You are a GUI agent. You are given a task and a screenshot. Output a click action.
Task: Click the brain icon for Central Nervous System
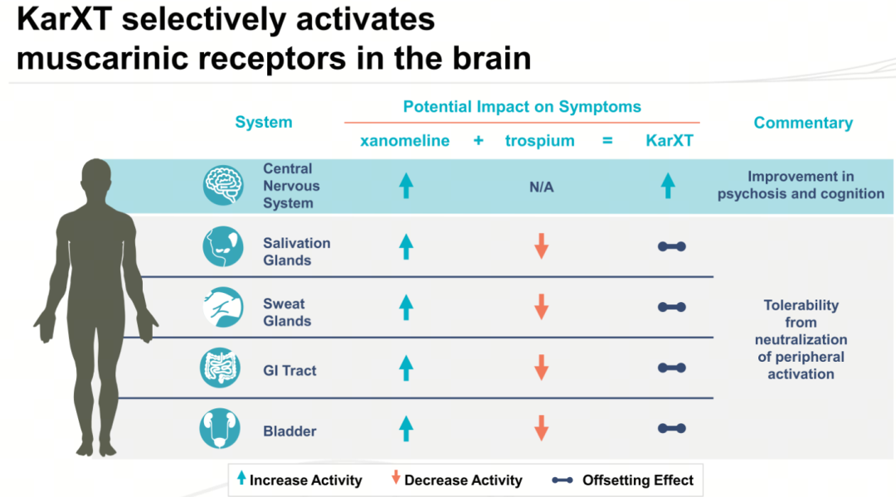tap(223, 186)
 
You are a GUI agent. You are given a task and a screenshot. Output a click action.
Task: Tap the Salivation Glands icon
tap(223, 246)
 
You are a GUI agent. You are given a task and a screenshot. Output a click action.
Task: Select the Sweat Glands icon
tap(223, 307)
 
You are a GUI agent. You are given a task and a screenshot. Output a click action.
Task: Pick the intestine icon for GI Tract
tap(220, 368)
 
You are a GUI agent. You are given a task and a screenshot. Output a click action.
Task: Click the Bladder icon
tap(220, 428)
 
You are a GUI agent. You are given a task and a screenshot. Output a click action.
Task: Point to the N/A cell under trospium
tap(541, 187)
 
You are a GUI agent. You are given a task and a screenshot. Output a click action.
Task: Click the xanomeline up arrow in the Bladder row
tap(407, 428)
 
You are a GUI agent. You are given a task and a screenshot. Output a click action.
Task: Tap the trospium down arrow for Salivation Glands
tap(541, 246)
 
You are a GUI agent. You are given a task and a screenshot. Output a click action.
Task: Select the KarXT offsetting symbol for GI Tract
tap(671, 368)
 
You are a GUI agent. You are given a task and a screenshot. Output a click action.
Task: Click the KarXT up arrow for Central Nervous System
tap(668, 186)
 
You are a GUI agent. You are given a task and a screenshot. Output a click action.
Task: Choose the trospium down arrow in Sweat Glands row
tap(541, 307)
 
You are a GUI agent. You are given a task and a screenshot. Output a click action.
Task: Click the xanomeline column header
tap(405, 141)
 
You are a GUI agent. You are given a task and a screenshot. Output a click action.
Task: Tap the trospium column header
tap(539, 141)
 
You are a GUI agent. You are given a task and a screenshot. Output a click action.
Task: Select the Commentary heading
tap(803, 123)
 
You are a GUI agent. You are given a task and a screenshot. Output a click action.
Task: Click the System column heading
tap(264, 122)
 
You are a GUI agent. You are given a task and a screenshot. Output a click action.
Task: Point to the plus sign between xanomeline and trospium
tap(479, 140)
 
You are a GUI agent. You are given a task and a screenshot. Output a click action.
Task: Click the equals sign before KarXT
tap(607, 140)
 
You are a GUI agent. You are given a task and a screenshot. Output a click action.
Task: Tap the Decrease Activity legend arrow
tap(396, 478)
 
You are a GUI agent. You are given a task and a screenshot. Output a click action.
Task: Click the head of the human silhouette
tap(96, 177)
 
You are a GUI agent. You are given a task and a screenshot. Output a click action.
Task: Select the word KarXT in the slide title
tap(65, 19)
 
